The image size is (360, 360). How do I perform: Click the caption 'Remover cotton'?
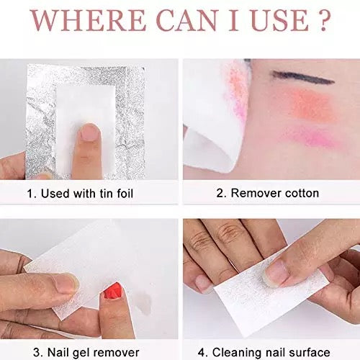270,193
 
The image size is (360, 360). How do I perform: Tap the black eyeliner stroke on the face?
294,75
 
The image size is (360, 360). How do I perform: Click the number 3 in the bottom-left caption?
35,351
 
